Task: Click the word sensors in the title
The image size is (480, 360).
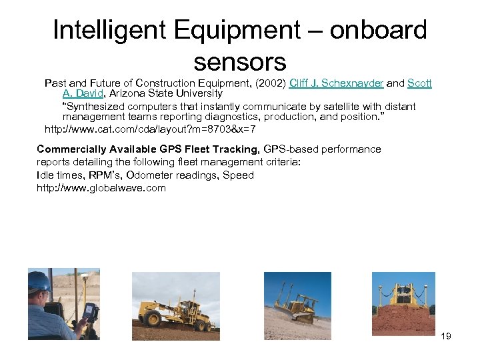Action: point(239,61)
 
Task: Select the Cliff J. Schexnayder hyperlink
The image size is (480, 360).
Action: point(336,83)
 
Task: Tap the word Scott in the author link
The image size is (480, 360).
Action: point(419,83)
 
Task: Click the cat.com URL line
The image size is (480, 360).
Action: point(149,129)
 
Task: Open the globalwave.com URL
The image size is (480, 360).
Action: point(101,188)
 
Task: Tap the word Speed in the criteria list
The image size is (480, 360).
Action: point(239,175)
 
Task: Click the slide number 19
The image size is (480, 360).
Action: point(446,336)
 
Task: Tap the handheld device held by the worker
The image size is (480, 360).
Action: point(90,313)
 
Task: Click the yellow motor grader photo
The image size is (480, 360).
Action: point(175,306)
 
